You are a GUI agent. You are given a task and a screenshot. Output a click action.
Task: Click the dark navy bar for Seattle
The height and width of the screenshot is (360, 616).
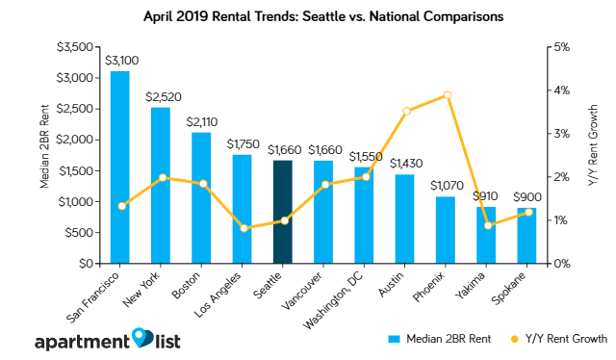(284, 212)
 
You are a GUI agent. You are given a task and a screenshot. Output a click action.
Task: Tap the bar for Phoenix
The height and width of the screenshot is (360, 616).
(446, 230)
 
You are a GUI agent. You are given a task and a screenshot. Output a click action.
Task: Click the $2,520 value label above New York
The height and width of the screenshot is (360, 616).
(162, 96)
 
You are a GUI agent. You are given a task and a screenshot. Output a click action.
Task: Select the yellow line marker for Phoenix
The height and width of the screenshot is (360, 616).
(447, 95)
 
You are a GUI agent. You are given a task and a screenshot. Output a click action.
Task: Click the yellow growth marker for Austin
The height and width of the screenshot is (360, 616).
(406, 112)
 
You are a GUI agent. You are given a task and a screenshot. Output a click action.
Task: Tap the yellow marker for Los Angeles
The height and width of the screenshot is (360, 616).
(244, 228)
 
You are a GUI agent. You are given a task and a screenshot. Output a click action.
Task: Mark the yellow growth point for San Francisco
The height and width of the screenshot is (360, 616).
(121, 206)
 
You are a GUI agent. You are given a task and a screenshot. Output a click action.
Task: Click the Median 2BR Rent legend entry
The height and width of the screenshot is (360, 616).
(444, 339)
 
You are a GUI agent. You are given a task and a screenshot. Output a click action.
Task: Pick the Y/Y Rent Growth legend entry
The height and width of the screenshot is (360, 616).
(561, 339)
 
